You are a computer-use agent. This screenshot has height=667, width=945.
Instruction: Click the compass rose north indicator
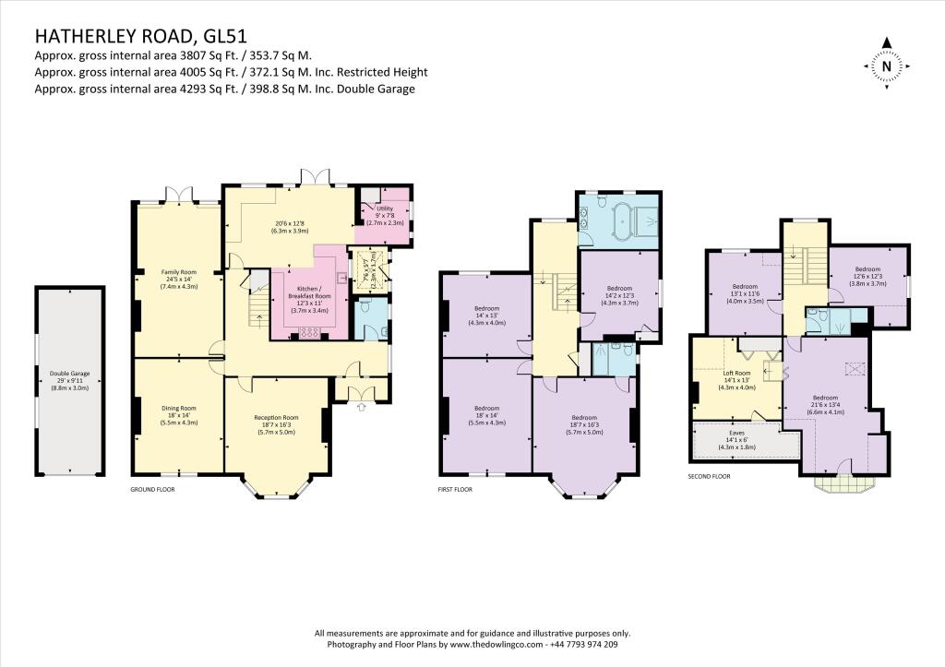[886, 66]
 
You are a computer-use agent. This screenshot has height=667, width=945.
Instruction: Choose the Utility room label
[386, 215]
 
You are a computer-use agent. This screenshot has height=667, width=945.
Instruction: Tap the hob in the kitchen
[309, 334]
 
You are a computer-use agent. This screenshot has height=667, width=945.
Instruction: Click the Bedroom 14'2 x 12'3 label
[619, 292]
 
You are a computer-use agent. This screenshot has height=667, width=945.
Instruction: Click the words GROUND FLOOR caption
[152, 490]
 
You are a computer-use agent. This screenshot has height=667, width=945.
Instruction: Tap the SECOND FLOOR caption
[709, 477]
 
